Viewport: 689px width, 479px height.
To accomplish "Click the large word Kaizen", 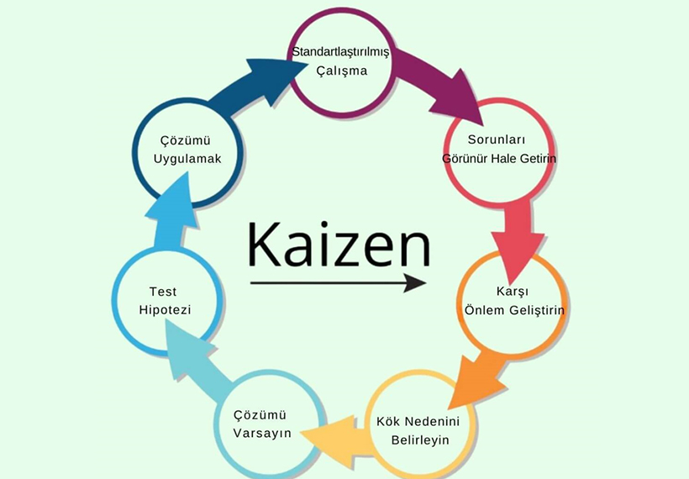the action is tap(339, 245).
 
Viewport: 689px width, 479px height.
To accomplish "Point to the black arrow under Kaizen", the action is tap(338, 283).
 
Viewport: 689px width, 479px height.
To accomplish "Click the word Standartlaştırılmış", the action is tap(340, 52).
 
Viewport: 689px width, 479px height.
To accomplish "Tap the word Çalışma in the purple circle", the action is tap(341, 71).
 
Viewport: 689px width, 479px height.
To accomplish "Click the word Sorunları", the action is tap(497, 139).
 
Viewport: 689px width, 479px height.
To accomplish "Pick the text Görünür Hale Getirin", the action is tap(499, 158).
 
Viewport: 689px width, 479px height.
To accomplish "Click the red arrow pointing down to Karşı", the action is tap(518, 240).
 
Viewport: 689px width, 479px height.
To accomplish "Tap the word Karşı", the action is tap(513, 292).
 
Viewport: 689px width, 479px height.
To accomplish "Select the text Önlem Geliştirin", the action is tap(514, 310).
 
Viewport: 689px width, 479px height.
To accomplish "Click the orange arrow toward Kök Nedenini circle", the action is tap(476, 381).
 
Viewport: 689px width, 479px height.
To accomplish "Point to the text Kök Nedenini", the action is tap(418, 421).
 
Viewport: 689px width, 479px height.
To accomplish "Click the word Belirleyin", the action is tap(420, 440).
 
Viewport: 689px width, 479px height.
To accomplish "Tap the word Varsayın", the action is tap(262, 434).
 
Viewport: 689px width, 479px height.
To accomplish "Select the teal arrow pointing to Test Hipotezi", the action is tap(197, 358).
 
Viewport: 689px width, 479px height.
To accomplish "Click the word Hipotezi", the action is tap(165, 310).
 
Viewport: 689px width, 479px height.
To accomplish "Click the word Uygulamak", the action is tap(187, 159).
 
